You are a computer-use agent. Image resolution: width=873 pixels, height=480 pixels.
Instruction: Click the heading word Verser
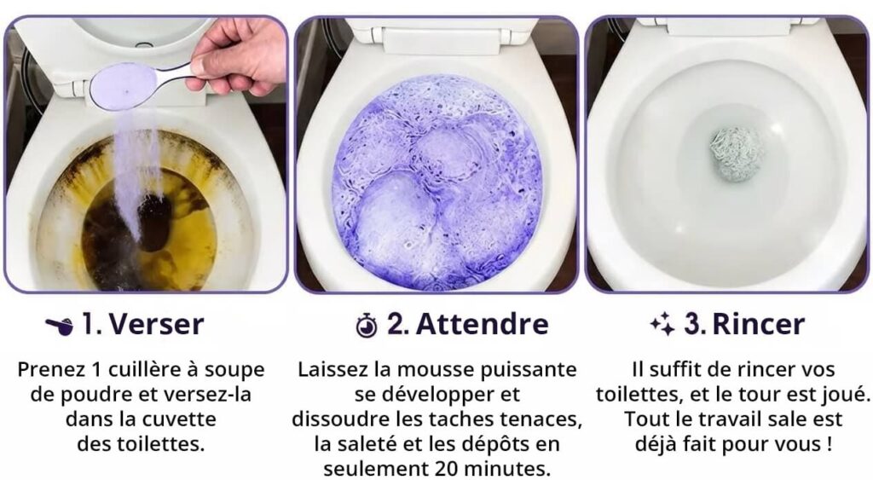point(157,324)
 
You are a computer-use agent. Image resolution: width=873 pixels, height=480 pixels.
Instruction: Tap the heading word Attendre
point(482,323)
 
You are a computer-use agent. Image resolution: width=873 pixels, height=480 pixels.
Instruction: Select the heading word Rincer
point(758,324)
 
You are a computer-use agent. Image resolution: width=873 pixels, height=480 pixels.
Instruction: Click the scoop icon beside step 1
point(59,326)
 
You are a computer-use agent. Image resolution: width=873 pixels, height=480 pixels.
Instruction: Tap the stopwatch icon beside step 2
point(367,325)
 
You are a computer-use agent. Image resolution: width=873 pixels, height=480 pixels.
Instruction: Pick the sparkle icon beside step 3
point(662,324)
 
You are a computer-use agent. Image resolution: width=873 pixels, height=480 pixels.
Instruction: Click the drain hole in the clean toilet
point(737,154)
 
